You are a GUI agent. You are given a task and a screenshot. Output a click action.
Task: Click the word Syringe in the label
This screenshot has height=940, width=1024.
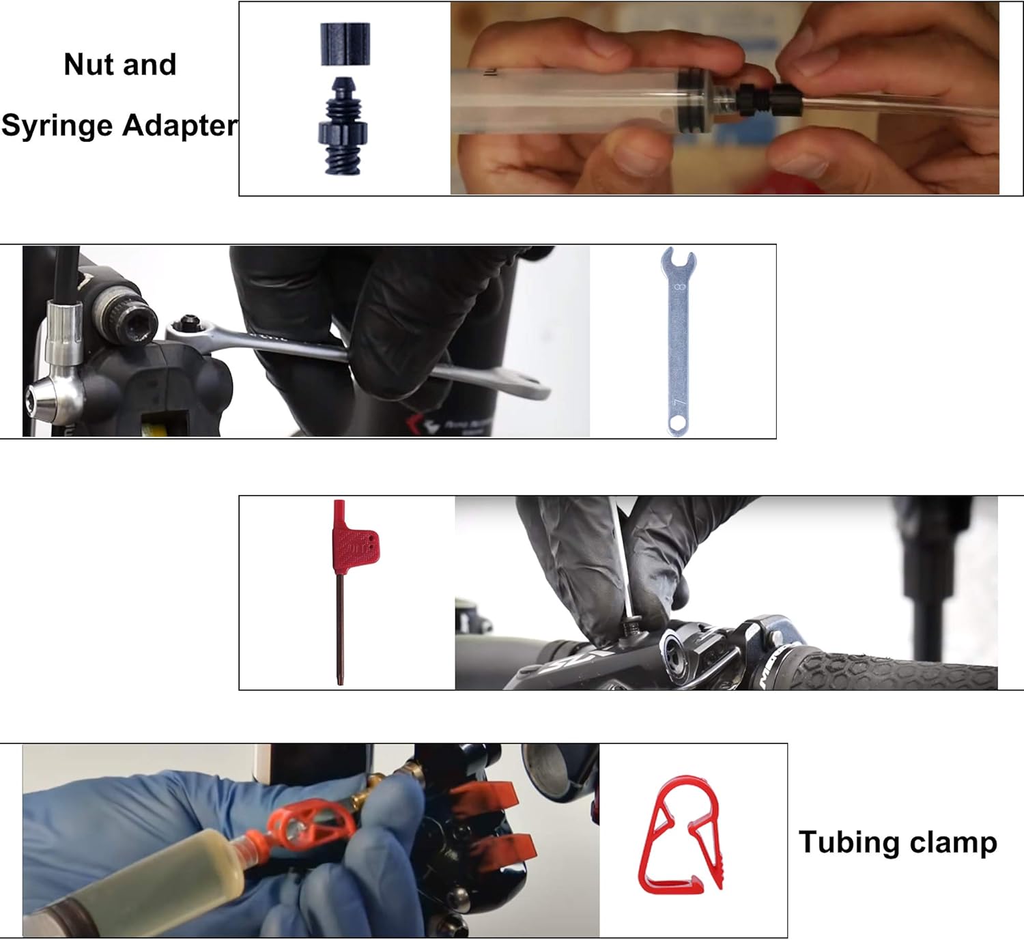(x=57, y=126)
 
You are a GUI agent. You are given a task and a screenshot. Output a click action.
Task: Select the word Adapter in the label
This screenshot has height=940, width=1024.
(x=180, y=126)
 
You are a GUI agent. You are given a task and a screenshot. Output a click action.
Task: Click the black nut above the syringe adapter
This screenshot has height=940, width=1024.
(x=345, y=44)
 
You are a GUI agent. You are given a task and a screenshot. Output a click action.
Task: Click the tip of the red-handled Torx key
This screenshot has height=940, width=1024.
(x=340, y=680)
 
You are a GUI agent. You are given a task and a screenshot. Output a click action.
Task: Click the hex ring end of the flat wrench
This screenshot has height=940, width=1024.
(x=678, y=424)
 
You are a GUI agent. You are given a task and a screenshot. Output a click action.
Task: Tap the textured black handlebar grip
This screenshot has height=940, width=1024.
(x=894, y=672)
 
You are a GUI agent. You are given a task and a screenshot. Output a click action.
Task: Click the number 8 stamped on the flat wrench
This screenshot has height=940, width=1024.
(x=679, y=287)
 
